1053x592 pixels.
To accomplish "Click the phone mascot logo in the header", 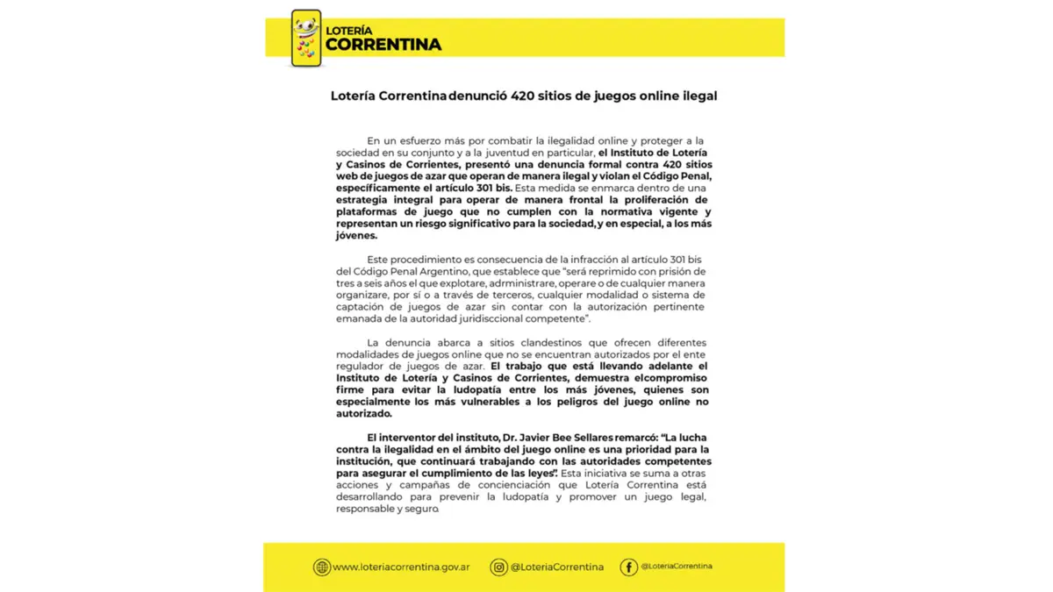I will point(306,38).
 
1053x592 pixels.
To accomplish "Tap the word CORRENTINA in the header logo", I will point(383,44).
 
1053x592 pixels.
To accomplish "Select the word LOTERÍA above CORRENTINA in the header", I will point(349,30).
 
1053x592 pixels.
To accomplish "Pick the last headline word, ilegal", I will point(697,96).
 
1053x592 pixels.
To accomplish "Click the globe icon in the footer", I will point(322,567).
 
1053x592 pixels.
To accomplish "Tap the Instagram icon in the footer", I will point(499,567).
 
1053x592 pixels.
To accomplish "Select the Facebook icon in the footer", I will point(628,567).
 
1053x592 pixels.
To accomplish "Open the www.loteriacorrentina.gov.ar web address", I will point(401,567).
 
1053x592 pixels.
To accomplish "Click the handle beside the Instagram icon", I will point(557,567).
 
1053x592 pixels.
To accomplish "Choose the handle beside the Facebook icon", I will point(677,567).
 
